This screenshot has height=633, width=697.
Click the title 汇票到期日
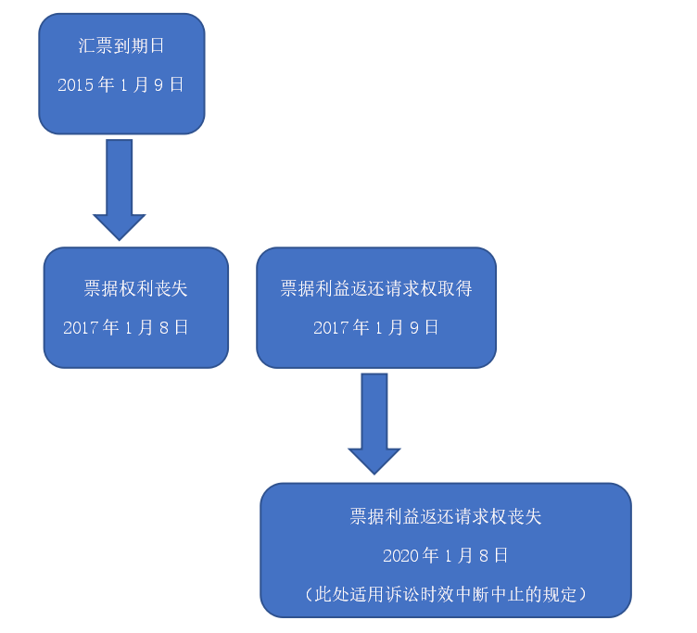(x=121, y=45)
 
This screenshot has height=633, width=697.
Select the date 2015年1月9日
(x=121, y=84)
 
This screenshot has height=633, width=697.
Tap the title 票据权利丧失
(x=136, y=288)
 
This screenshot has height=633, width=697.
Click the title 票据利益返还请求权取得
(x=376, y=288)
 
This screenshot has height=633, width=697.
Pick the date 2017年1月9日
(x=376, y=327)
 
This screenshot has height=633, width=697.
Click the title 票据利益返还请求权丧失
(x=446, y=517)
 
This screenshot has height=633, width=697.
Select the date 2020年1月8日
(x=446, y=555)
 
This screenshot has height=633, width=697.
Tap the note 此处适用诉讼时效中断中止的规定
(x=446, y=594)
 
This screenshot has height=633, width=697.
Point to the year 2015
(x=75, y=84)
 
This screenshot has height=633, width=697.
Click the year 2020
(x=400, y=555)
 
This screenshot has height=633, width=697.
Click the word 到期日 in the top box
(x=138, y=45)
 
